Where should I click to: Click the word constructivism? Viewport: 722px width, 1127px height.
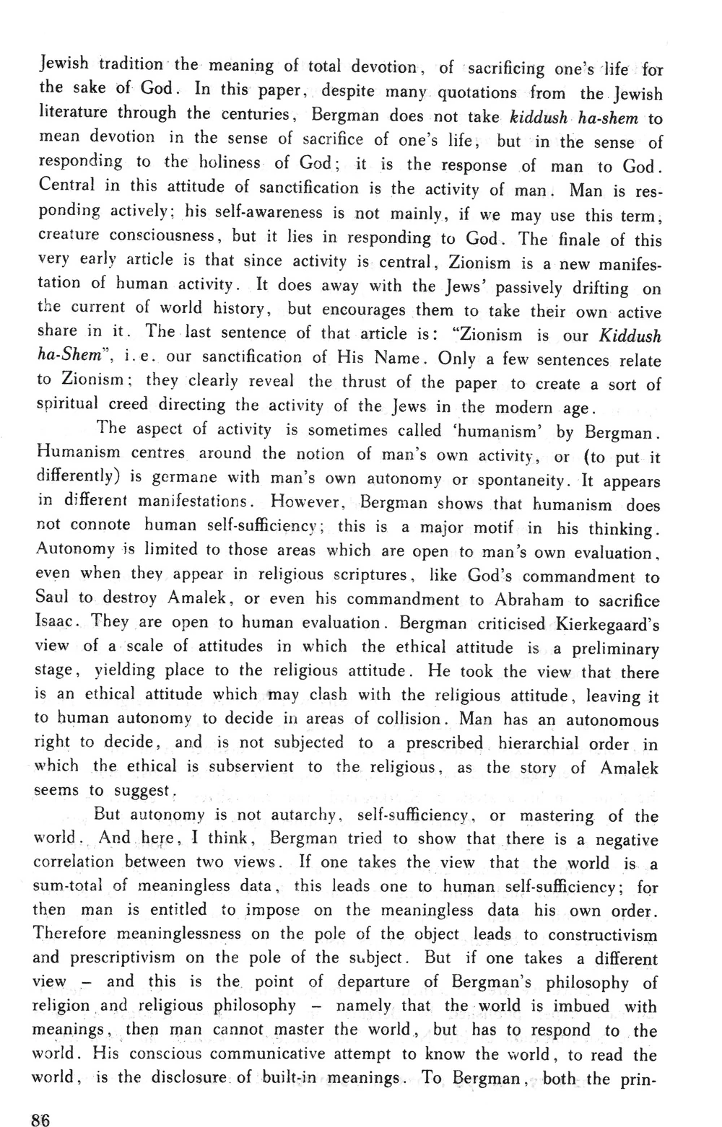(x=603, y=935)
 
